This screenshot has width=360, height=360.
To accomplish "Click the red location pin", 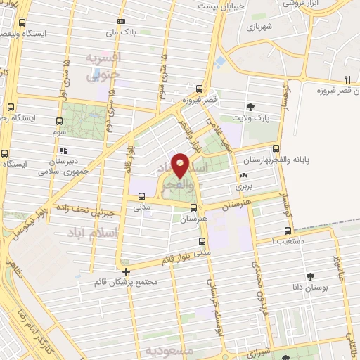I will (x=181, y=165).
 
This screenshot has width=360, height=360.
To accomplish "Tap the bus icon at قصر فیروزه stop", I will (x=200, y=89).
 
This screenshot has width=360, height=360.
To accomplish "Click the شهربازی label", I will (x=259, y=26).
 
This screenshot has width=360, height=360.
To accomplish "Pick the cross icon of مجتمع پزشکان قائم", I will (x=126, y=271).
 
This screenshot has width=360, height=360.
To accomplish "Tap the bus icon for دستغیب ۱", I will (x=288, y=231).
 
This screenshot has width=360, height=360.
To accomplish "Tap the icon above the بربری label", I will (x=243, y=176).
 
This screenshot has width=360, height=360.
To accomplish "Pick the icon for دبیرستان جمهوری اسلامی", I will (x=63, y=150).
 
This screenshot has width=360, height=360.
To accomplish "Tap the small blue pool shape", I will (x=221, y=62).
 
